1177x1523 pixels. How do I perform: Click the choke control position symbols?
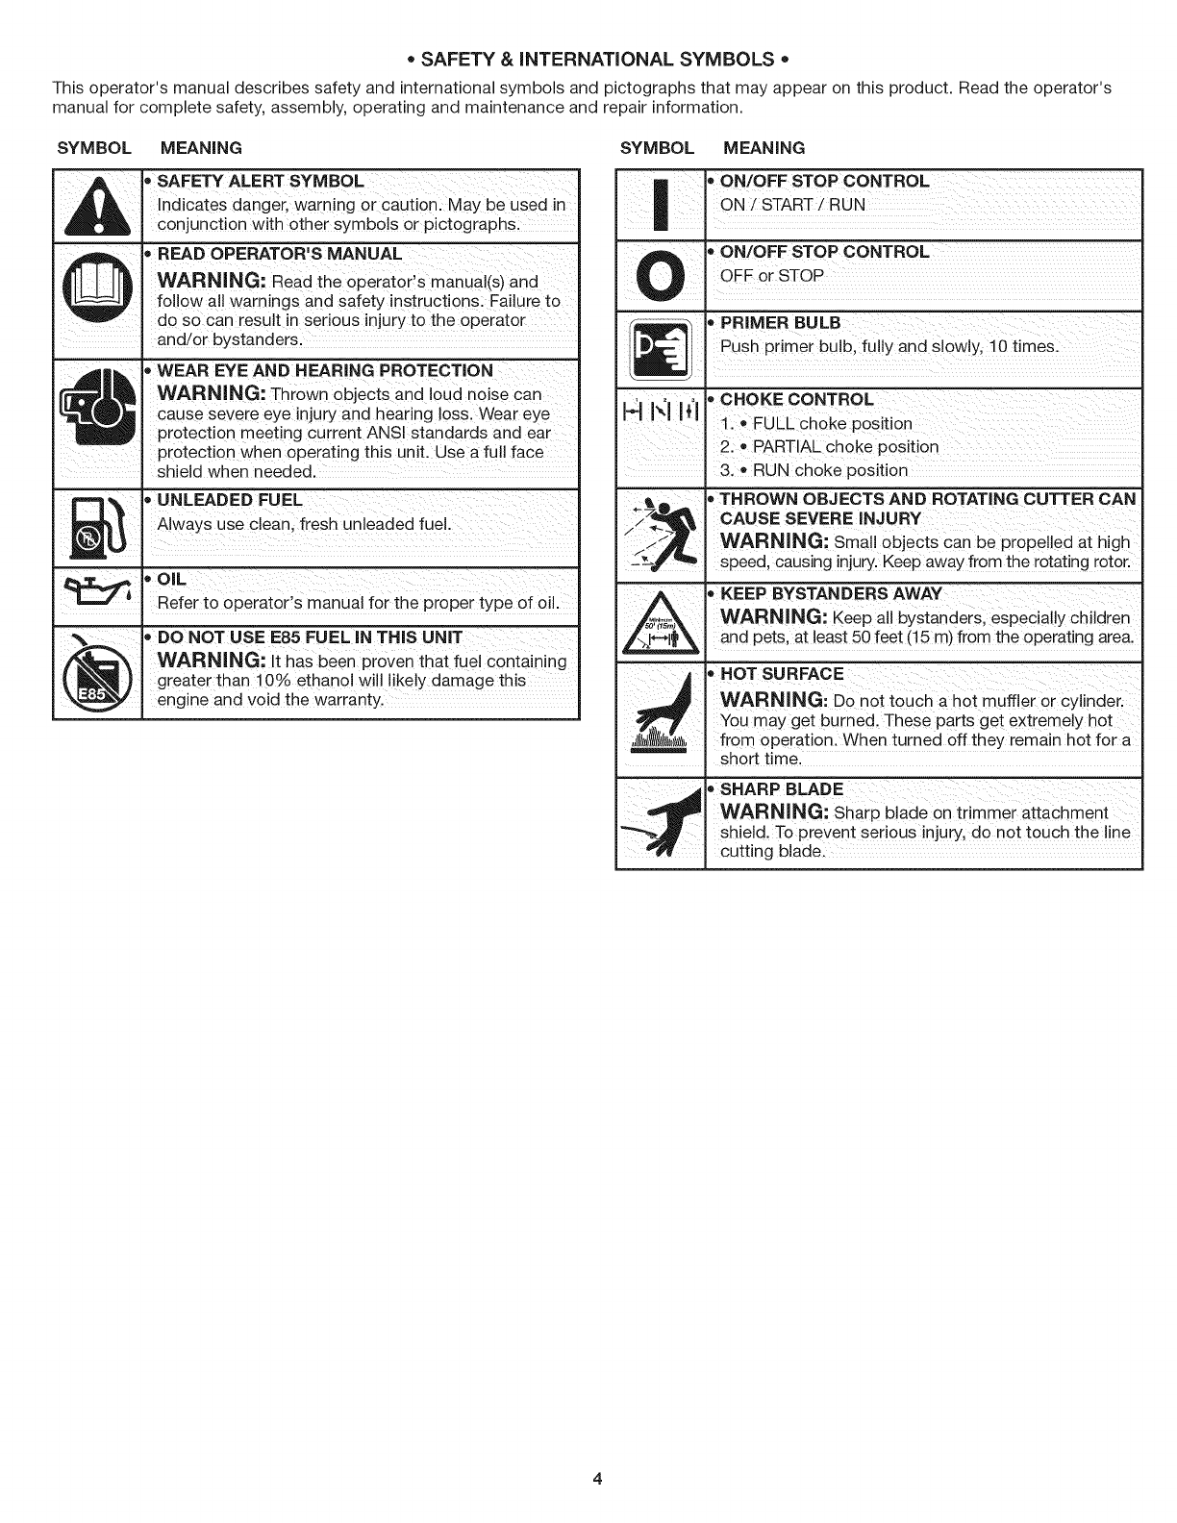tap(660, 413)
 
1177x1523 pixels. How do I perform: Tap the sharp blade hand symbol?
tap(660, 823)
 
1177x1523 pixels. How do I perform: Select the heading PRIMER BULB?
tap(780, 322)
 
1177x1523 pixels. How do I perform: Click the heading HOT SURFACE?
tap(782, 674)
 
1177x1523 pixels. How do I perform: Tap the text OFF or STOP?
tap(772, 276)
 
